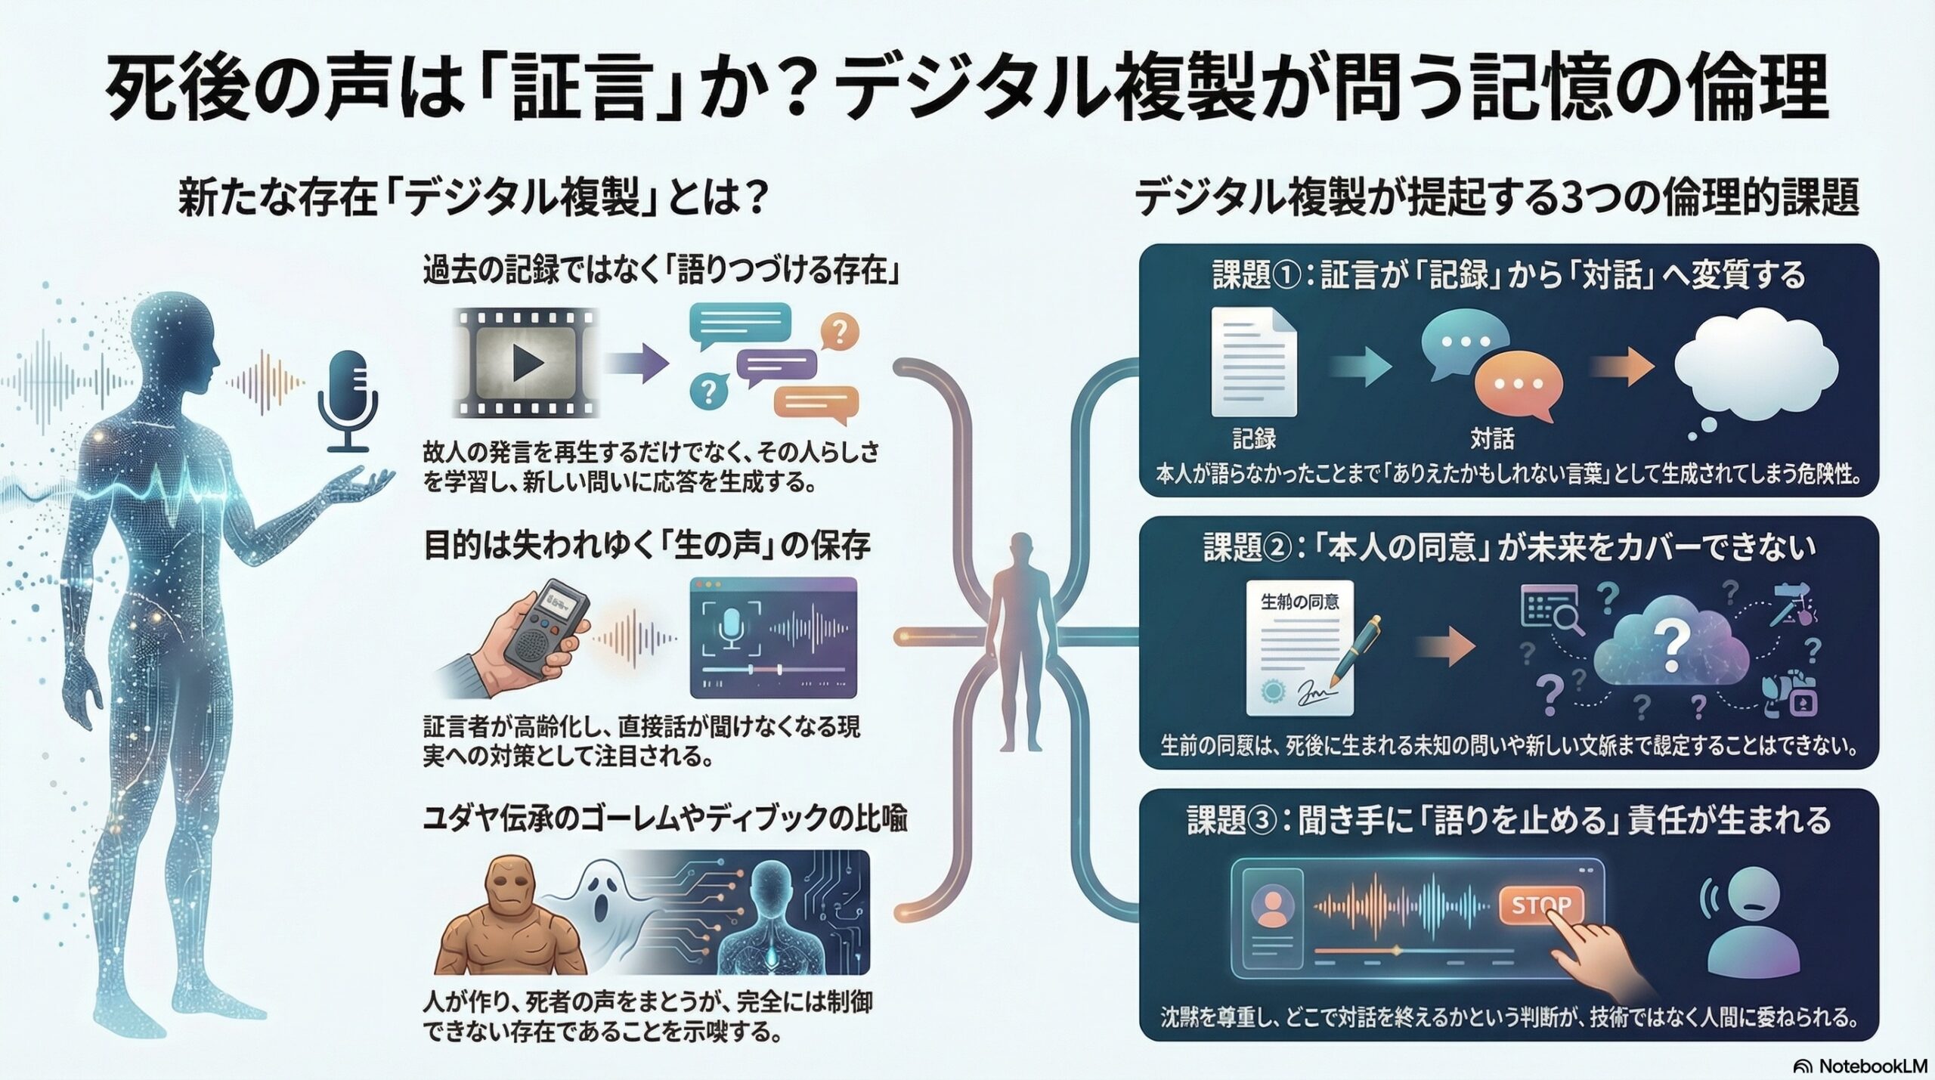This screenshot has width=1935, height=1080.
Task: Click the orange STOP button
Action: (x=1540, y=905)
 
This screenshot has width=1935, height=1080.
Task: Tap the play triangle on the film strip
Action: (x=528, y=364)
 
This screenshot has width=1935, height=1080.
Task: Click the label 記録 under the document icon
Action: (x=1254, y=438)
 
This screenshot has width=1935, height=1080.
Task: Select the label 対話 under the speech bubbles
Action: (x=1492, y=438)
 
